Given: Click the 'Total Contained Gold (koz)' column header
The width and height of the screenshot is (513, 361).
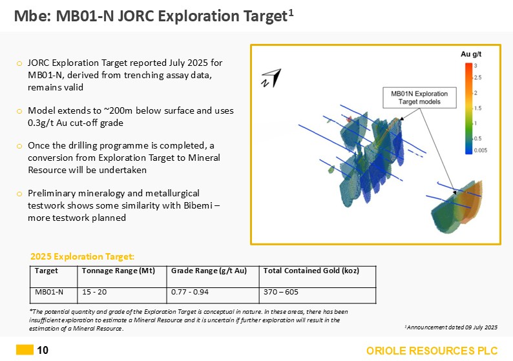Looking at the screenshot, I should [311, 271].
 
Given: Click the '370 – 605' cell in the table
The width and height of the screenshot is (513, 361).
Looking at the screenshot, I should [280, 292].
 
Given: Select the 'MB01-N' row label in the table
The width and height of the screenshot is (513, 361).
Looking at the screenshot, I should [49, 292].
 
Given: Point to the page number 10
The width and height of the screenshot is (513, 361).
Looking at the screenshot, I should [43, 351].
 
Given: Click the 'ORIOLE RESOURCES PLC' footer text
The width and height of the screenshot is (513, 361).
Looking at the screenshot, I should [432, 351].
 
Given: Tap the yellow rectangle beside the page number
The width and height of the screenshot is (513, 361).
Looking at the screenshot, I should [25, 351].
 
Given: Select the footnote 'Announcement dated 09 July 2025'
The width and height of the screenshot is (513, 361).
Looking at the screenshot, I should [450, 327].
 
